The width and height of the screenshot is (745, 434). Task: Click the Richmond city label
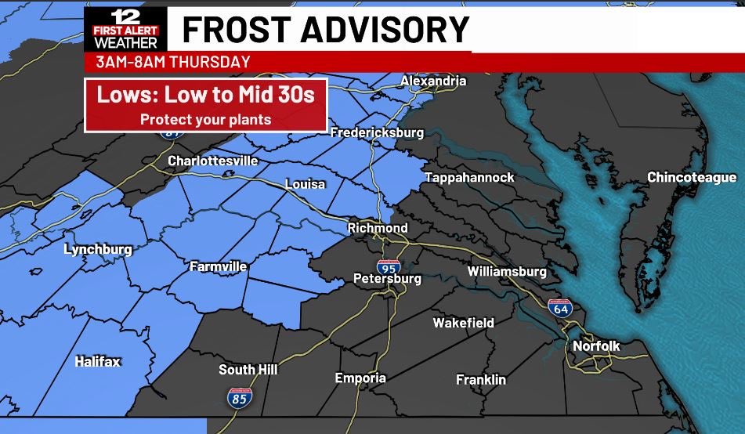click(x=378, y=228)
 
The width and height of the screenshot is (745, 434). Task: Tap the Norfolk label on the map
click(x=596, y=345)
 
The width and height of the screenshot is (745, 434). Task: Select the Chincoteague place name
click(x=691, y=178)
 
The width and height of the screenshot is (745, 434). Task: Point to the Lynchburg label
click(x=98, y=250)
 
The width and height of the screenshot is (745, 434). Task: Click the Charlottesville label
click(x=212, y=161)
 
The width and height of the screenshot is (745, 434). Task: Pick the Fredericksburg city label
click(x=377, y=132)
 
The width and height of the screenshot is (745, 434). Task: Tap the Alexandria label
click(x=432, y=81)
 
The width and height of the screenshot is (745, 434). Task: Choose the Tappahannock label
click(x=469, y=178)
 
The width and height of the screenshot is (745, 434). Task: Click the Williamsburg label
click(x=506, y=271)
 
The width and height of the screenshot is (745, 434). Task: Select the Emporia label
click(x=360, y=378)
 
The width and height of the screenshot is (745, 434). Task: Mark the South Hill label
click(x=248, y=370)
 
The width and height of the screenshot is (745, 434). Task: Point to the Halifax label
click(x=98, y=361)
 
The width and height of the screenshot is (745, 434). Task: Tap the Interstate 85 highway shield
click(x=240, y=397)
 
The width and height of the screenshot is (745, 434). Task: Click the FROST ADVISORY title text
click(x=325, y=30)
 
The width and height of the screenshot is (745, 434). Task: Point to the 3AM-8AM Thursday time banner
click(x=173, y=62)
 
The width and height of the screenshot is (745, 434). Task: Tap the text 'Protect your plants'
click(x=205, y=120)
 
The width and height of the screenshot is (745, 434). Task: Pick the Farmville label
click(x=218, y=266)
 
